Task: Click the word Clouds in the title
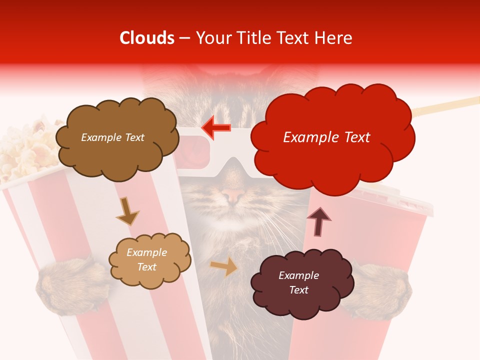pos(147,38)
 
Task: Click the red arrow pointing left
pos(216,127)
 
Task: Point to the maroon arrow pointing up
pos(318,221)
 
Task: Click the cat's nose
pos(230,195)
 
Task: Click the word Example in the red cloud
pos(306,137)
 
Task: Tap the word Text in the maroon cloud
pos(299,290)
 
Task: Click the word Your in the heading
pos(210,38)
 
